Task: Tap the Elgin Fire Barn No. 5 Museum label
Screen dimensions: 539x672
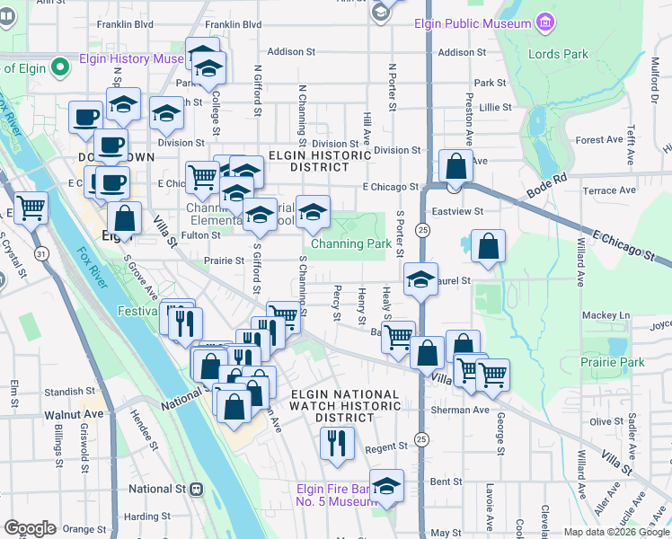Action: click(x=338, y=495)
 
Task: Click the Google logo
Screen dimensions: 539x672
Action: click(x=31, y=527)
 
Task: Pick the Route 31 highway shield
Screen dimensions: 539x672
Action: click(x=41, y=255)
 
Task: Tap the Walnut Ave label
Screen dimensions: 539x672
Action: click(x=75, y=415)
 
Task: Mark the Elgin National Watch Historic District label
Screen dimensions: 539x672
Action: click(x=343, y=406)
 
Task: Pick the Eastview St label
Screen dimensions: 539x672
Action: click(x=457, y=212)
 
